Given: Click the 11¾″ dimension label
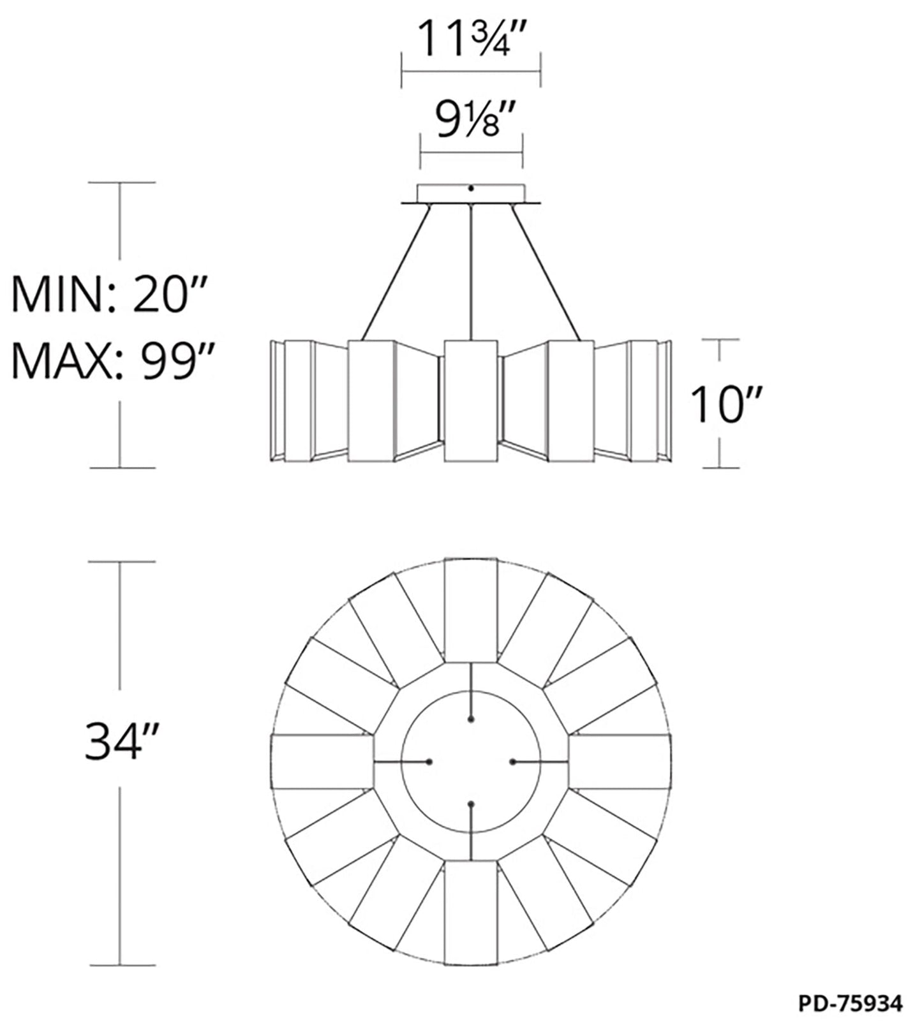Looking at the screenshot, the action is click(x=472, y=38).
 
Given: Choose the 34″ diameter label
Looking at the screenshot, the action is click(x=121, y=741).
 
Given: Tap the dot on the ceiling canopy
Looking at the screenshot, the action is click(x=471, y=188).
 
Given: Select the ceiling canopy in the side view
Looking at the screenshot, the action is click(x=471, y=195).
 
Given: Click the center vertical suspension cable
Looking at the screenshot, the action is click(x=471, y=272).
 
